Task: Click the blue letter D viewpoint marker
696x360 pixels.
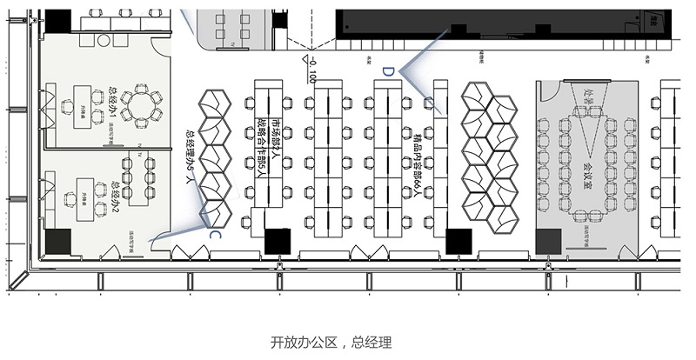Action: click(x=389, y=70)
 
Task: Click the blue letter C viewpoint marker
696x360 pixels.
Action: click(x=214, y=233)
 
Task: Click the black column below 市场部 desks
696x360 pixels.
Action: click(x=278, y=240)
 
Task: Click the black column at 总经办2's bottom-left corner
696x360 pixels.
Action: click(x=59, y=241)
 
